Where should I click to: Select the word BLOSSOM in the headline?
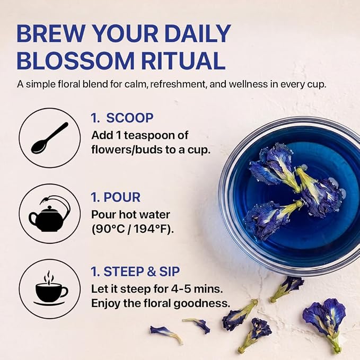[75, 60]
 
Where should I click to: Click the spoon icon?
[50, 138]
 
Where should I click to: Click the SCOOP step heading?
[130, 118]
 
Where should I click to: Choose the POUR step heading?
[122, 197]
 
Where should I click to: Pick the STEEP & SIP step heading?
[142, 271]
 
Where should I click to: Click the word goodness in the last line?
[201, 304]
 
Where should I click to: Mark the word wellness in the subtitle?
[248, 84]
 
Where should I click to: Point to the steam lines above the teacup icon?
[49, 277]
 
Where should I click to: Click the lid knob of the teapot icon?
[49, 207]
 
